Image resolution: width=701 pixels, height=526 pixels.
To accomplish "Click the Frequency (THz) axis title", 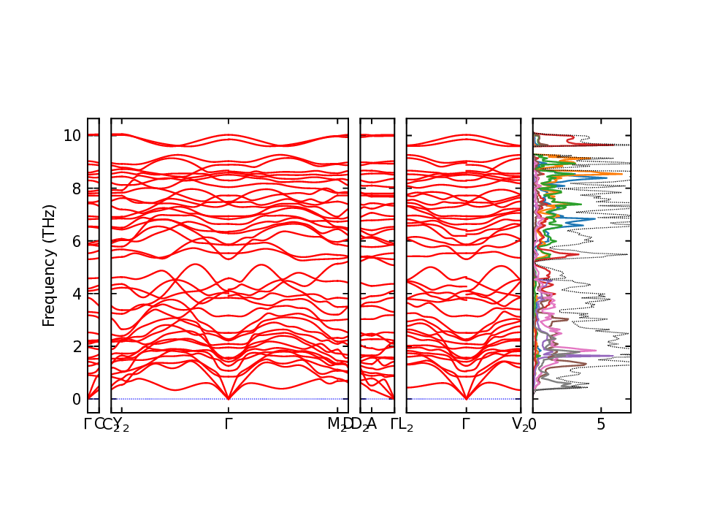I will [49, 265].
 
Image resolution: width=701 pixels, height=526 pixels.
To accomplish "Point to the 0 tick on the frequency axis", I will [74, 399].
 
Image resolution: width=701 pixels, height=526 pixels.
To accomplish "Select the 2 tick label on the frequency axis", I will [74, 346].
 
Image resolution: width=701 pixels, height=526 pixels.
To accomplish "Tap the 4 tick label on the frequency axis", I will [74, 294].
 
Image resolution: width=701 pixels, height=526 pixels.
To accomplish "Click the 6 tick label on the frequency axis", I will [74, 241].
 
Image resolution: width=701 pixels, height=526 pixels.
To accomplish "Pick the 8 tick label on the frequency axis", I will [74, 188].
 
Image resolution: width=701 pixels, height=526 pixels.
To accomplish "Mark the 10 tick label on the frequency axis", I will [71, 136].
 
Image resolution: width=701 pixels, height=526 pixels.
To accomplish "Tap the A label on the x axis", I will [372, 424].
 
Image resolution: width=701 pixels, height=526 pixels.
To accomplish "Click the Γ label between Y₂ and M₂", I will [229, 424].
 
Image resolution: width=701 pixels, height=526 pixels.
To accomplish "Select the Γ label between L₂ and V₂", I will [466, 424].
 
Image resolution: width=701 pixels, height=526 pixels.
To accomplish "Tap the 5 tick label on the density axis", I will [601, 424].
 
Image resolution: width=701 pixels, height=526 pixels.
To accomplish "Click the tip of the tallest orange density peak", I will [623, 173].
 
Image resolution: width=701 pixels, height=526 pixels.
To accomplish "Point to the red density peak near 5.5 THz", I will [578, 254].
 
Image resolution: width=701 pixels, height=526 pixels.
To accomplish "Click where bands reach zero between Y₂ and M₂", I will [229, 399].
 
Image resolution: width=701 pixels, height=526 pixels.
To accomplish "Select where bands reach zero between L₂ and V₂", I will [466, 399].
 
